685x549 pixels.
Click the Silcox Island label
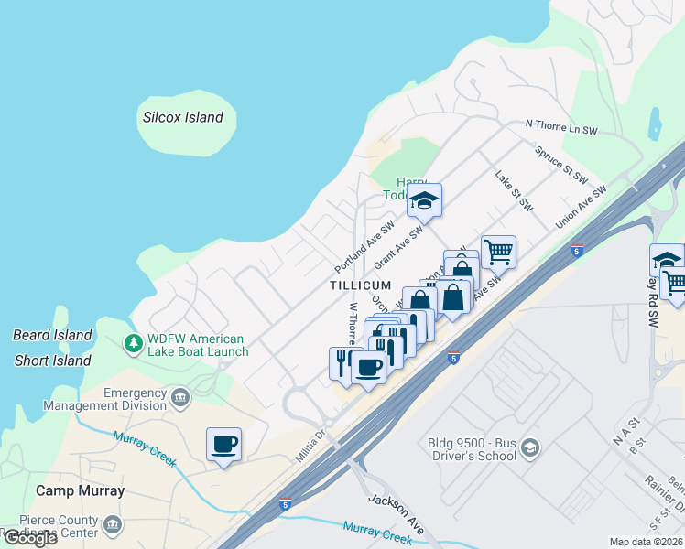(183, 117)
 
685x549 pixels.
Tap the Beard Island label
(52, 336)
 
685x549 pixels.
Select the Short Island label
(52, 361)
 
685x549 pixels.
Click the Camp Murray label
(80, 491)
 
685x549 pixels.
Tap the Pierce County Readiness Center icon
(113, 524)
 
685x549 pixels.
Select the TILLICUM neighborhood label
(361, 286)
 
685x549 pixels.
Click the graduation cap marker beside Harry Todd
(424, 199)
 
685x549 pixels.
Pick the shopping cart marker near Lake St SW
(498, 252)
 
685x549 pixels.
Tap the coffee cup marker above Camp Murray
(223, 445)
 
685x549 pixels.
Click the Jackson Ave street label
(397, 513)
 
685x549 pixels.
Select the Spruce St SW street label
(560, 164)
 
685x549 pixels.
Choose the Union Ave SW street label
(581, 209)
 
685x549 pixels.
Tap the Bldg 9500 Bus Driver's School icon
(530, 447)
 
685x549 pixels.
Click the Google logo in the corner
(29, 538)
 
